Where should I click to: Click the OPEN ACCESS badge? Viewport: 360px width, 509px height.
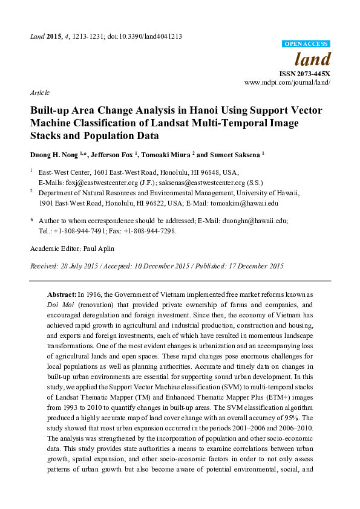[306, 44]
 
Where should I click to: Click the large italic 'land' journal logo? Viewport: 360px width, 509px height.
[312, 59]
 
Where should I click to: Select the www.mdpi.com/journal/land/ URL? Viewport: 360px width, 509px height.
[287, 81]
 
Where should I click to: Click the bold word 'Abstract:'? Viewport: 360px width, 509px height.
[62, 293]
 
